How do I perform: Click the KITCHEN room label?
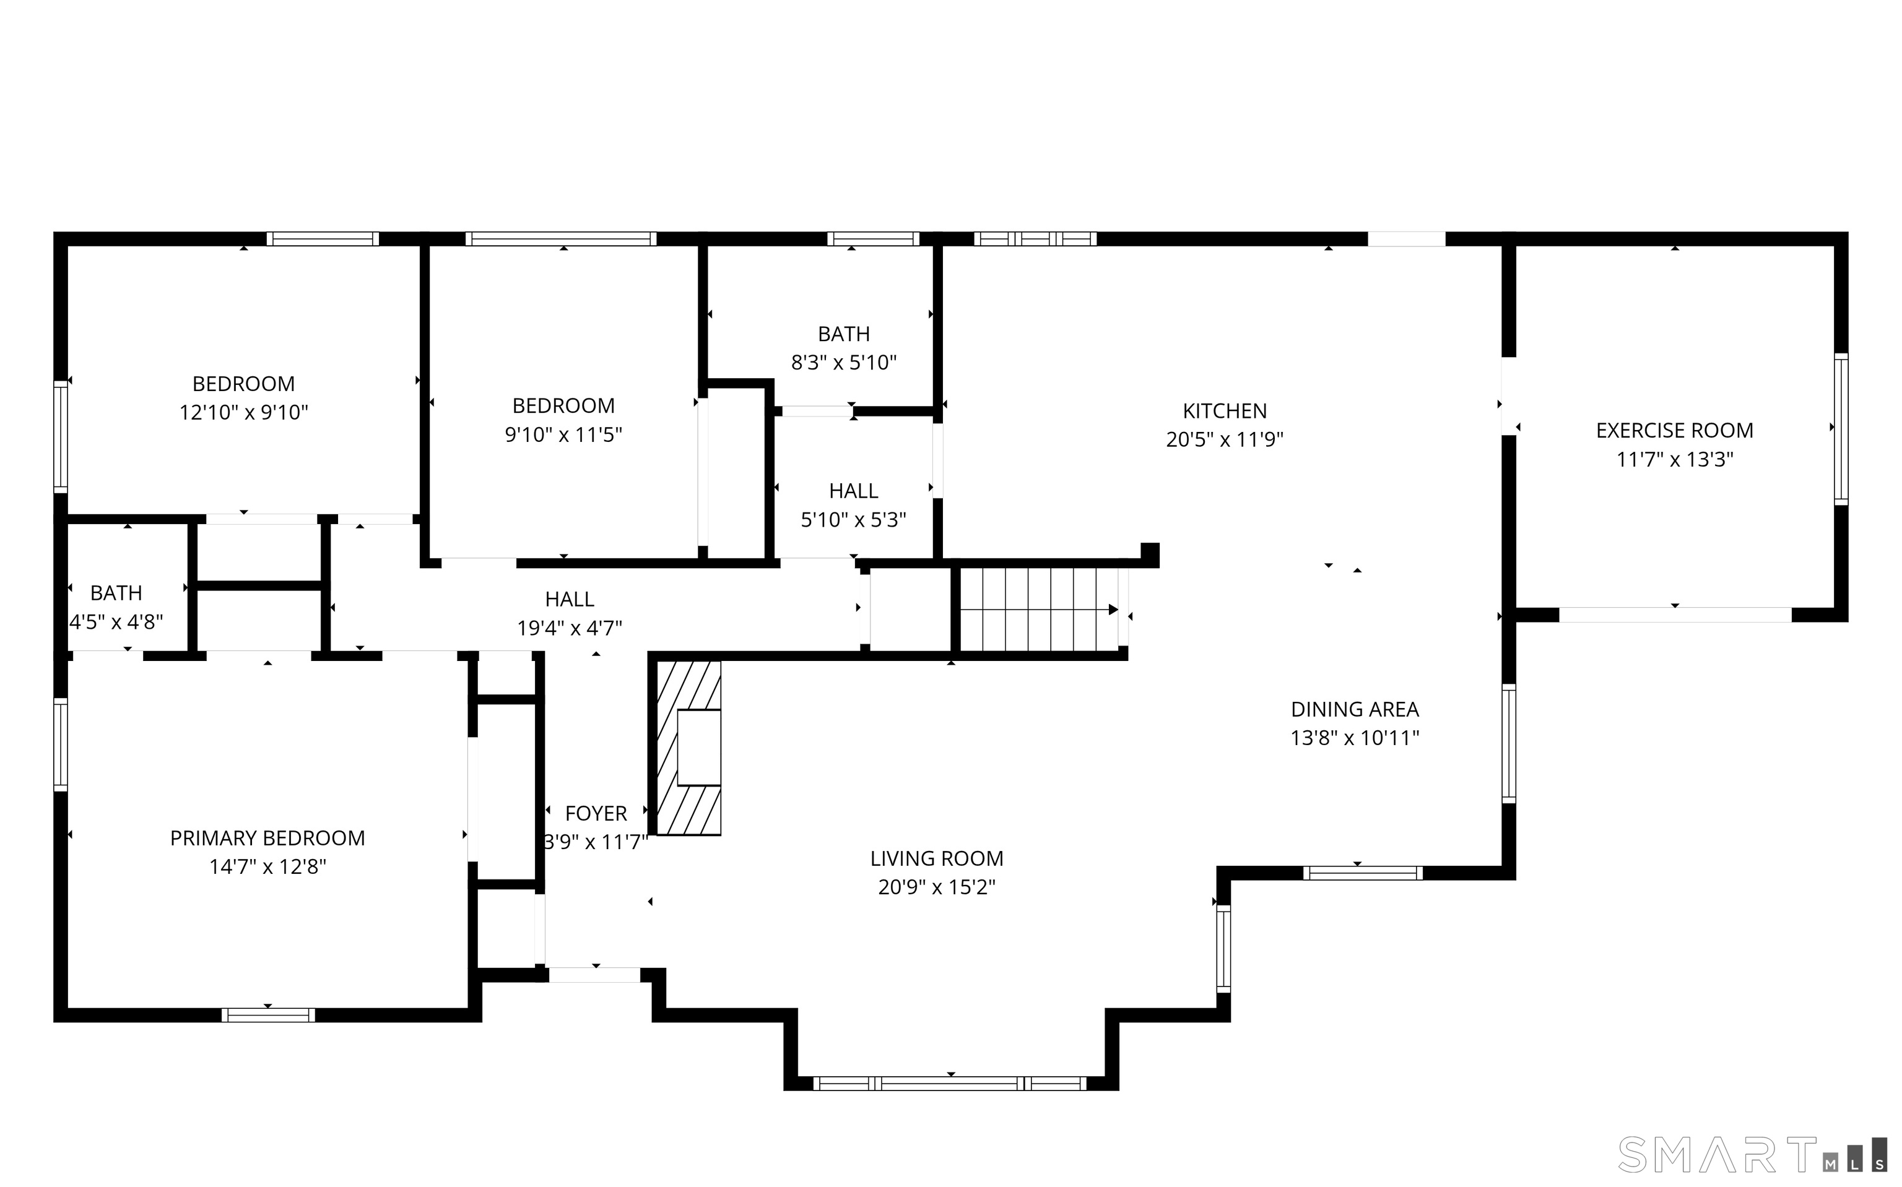[1224, 410]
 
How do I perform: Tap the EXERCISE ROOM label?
[1674, 430]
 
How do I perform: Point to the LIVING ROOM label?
[936, 858]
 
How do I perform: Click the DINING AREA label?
[1355, 709]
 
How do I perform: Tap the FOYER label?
[596, 813]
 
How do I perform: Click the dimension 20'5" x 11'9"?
[1224, 439]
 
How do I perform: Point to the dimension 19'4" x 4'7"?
[570, 628]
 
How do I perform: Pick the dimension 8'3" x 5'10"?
[843, 362]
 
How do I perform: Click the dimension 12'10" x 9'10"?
[243, 412]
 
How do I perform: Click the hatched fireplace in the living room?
[688, 748]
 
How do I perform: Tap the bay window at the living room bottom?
[950, 1084]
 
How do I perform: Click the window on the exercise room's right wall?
[1841, 429]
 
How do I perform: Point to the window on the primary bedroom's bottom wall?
[268, 1014]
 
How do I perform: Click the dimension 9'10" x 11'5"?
[563, 434]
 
